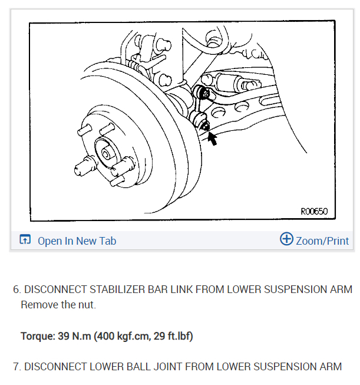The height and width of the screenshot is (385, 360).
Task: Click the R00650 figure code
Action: pyautogui.click(x=313, y=211)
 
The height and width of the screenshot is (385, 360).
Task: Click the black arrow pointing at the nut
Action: pyautogui.click(x=210, y=139)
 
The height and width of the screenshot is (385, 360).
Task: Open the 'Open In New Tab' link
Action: pyautogui.click(x=77, y=241)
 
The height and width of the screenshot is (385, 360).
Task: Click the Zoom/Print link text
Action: pyautogui.click(x=322, y=241)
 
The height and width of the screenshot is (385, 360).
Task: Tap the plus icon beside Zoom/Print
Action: pyautogui.click(x=286, y=239)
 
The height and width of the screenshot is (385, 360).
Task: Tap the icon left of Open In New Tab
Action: pyautogui.click(x=25, y=240)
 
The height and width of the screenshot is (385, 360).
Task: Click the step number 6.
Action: pyautogui.click(x=16, y=289)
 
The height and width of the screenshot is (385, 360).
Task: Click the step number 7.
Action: pyautogui.click(x=16, y=366)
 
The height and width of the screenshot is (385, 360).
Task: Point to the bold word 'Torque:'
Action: pyautogui.click(x=38, y=337)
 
